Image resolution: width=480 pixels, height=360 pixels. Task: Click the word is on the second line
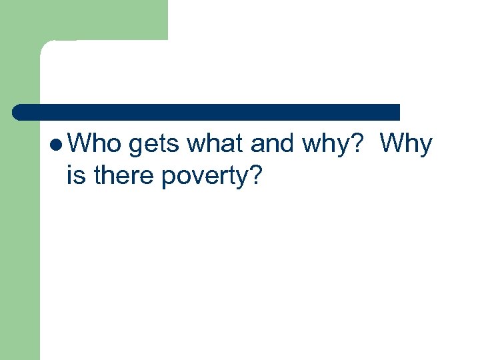(x=77, y=177)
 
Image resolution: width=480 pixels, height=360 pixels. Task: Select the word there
(x=124, y=177)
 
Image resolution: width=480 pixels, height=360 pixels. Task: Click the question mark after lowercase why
(x=357, y=143)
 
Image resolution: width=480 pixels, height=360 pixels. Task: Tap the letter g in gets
(x=138, y=147)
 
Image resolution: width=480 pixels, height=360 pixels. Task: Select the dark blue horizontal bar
(x=207, y=112)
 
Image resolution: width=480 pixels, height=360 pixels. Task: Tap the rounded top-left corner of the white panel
(x=48, y=48)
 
